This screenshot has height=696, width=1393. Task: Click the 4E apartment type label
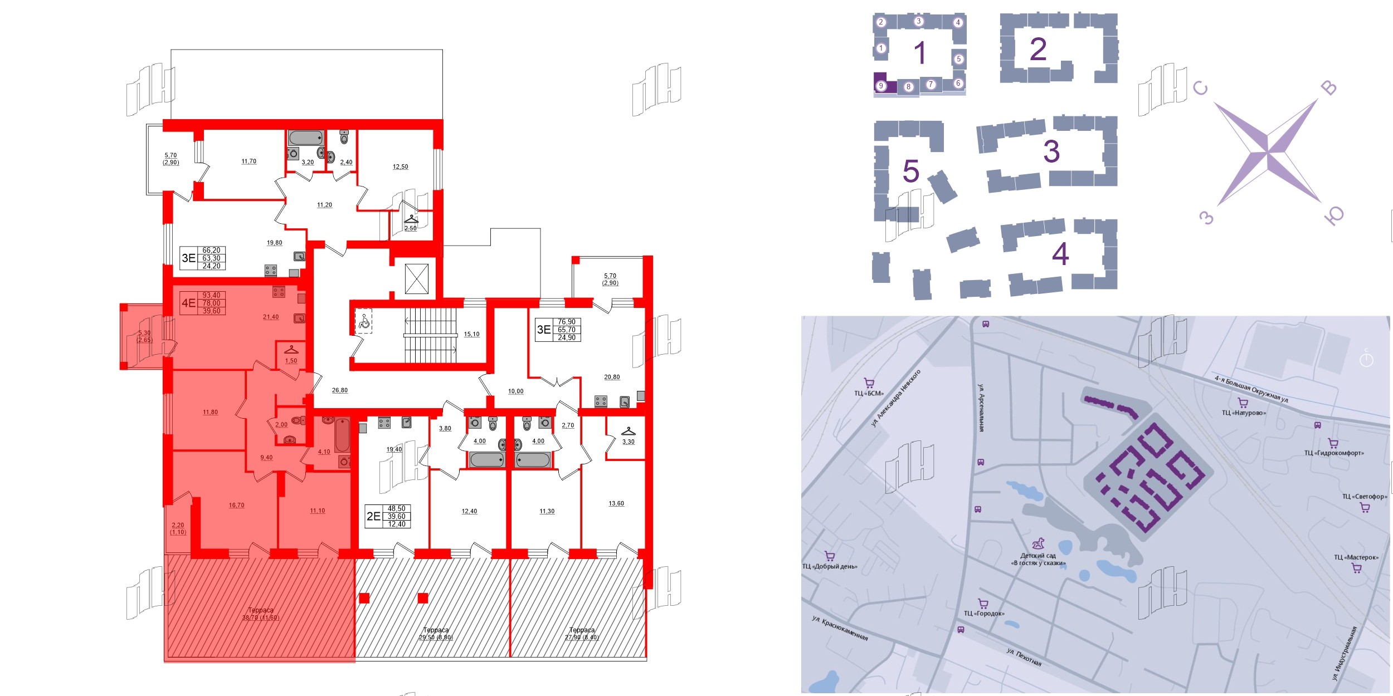(x=188, y=303)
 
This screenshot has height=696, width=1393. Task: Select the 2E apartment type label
(x=373, y=516)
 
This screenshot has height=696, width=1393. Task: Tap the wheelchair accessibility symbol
(x=364, y=321)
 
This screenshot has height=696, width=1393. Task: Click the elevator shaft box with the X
(x=416, y=278)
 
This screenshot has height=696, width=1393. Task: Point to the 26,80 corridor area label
(x=340, y=390)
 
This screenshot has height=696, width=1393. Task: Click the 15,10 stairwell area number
(x=471, y=334)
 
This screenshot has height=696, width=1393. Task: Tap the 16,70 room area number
(x=236, y=505)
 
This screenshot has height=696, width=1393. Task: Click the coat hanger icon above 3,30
(x=628, y=431)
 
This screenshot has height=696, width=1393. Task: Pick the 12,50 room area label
(x=400, y=166)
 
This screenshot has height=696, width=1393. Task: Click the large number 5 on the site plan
(x=910, y=171)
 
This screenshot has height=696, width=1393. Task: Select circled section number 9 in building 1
(x=881, y=86)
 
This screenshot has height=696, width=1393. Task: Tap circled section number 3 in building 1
(x=919, y=21)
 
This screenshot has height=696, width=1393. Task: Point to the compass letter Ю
(x=1334, y=215)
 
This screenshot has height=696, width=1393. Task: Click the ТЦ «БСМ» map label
(x=869, y=393)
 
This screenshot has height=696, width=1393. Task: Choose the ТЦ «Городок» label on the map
(x=984, y=613)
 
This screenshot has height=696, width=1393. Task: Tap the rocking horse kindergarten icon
(x=1038, y=543)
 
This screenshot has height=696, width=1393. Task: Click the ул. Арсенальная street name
(x=981, y=408)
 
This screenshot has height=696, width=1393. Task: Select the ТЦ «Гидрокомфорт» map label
(x=1334, y=453)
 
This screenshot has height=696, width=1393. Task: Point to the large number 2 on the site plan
(x=1038, y=49)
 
